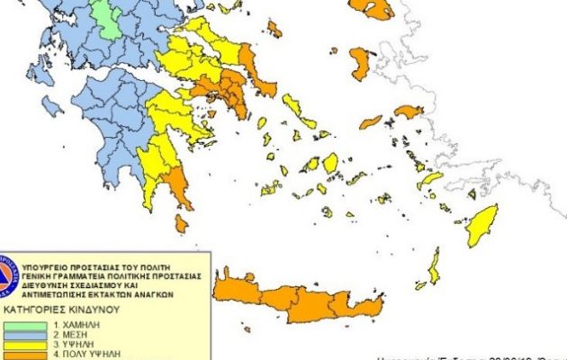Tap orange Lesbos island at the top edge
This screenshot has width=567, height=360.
372,8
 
